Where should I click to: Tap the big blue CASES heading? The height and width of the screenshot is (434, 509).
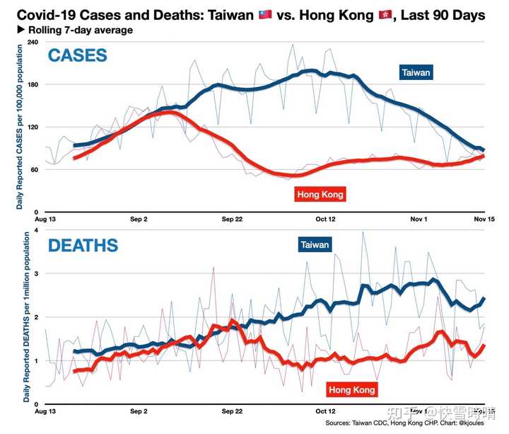78,56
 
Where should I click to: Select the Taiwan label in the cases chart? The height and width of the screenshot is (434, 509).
416,72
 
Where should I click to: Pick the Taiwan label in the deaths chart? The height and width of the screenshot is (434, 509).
315,245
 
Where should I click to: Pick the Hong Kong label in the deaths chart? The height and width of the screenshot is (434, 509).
351,390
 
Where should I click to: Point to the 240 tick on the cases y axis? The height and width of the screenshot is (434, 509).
33,42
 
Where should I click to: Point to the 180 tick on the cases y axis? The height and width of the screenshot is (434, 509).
33,85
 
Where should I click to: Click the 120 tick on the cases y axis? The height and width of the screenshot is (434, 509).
33,127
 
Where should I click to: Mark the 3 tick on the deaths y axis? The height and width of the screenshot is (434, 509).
36,274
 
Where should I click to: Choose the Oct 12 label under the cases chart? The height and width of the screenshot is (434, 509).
325,219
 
